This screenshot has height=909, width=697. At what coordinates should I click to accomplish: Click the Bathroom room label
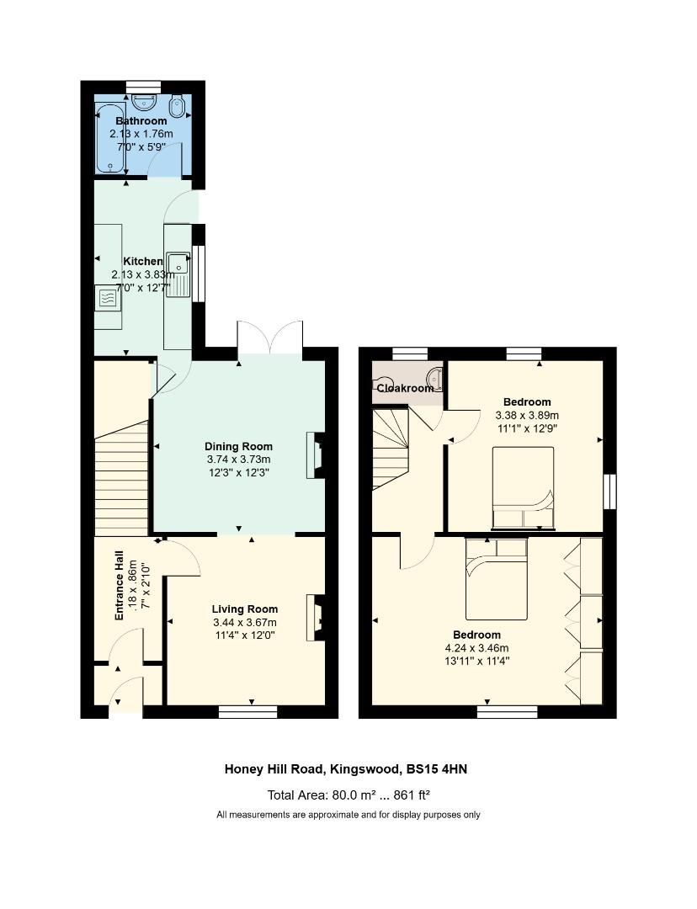[x=141, y=120]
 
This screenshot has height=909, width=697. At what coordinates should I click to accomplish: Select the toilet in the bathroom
[x=178, y=106]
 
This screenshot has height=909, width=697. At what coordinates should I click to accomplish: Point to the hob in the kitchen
[x=108, y=298]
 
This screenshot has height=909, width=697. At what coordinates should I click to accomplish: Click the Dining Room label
[x=238, y=446]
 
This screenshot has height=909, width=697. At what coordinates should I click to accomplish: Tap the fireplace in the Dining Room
[x=316, y=455]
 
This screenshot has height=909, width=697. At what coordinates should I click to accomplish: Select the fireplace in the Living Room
[x=316, y=618]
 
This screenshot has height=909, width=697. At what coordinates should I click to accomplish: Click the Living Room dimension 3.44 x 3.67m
[x=245, y=622]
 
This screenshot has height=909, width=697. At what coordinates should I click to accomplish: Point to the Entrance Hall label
[x=120, y=585]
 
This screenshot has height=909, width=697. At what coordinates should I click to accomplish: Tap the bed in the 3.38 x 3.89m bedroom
[x=523, y=488]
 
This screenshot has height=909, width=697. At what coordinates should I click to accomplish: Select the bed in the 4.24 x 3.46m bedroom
[x=497, y=578]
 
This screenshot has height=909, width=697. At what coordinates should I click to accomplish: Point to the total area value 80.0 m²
[x=348, y=795]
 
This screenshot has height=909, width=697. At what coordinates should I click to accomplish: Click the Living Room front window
[x=248, y=712]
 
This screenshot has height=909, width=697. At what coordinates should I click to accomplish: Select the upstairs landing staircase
[x=391, y=449]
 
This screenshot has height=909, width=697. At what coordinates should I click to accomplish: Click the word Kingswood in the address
[x=364, y=770]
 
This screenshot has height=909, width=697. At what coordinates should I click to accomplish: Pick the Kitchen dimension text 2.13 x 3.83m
[x=143, y=274]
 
